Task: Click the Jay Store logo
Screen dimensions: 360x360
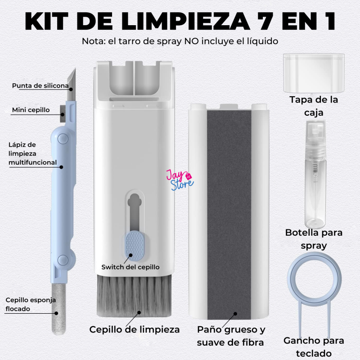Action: pos(180,180)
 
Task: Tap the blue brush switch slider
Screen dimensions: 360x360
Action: pos(134,246)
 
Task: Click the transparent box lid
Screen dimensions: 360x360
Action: pos(314,73)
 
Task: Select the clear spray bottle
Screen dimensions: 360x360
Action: pos(316,174)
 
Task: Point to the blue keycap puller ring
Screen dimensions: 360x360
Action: pos(314,279)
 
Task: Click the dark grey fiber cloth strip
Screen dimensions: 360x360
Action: pos(229,215)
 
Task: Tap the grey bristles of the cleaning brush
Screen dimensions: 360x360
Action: pos(134,296)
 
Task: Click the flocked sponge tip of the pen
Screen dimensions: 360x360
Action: pos(59,309)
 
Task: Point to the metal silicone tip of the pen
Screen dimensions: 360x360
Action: pos(72,85)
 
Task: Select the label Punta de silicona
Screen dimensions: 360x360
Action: pos(40,85)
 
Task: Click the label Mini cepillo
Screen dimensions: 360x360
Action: pos(31,110)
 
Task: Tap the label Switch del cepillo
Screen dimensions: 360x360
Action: pos(130,267)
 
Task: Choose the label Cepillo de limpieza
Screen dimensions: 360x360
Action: pos(135,329)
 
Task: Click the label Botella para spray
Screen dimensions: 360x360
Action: pos(314,239)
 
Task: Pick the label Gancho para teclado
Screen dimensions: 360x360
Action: pos(314,346)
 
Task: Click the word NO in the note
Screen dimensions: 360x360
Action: pos(189,41)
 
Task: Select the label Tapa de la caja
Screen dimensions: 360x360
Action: pos(314,106)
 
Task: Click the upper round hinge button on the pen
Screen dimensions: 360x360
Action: pos(63,139)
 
